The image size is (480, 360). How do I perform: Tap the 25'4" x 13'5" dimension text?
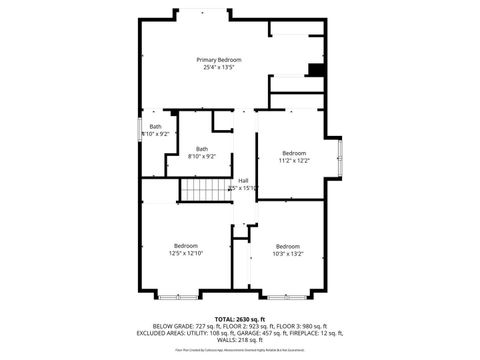tap(220, 68)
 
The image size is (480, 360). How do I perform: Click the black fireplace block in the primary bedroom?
tap(316, 69)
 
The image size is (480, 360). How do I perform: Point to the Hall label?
tap(243, 181)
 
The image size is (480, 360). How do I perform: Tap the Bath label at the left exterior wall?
tap(156, 127)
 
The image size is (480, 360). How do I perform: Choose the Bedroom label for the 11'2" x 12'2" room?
tap(293, 153)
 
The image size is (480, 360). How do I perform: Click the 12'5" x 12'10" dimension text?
tap(186, 254)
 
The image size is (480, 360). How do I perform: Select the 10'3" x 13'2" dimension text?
tap(288, 254)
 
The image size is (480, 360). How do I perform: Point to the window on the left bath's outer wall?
tap(139, 130)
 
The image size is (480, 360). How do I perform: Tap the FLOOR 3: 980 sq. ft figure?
tap(305, 326)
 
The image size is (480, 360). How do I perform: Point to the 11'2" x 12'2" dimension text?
tap(293, 160)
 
